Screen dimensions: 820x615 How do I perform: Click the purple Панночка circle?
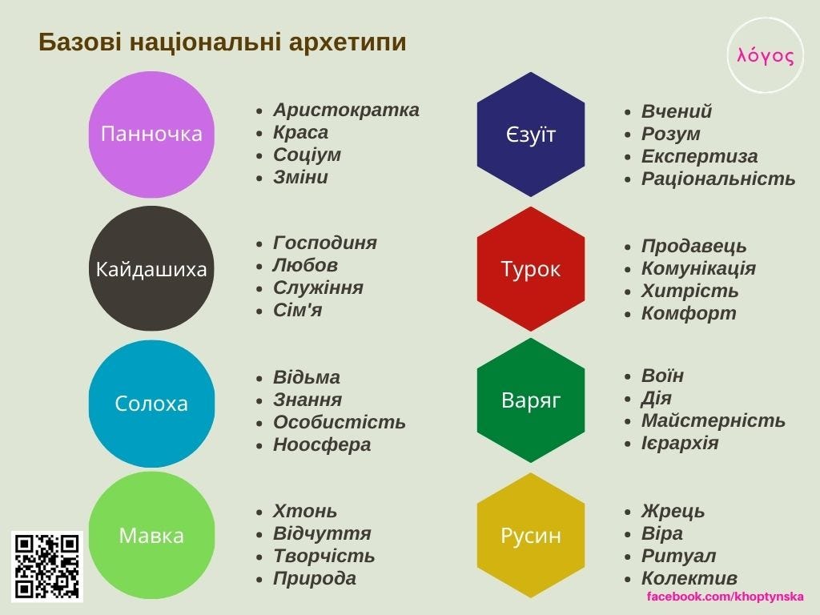[151, 135]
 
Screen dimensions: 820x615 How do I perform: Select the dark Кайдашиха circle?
[151, 268]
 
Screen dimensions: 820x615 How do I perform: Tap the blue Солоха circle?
[151, 404]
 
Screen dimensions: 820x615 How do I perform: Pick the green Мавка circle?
[151, 535]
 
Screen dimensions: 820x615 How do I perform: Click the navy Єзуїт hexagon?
[531, 135]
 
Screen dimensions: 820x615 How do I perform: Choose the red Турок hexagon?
[531, 269]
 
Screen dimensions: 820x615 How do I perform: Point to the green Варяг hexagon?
[531, 400]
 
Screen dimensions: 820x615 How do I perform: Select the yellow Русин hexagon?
[531, 535]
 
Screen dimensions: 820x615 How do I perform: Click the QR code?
[47, 566]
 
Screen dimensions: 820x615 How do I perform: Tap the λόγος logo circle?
[765, 55]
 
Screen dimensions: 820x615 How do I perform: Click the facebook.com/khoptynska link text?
[725, 596]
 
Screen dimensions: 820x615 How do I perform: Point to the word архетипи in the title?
[348, 42]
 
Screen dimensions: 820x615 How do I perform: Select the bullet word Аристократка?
[346, 110]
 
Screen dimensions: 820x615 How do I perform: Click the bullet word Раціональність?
[718, 179]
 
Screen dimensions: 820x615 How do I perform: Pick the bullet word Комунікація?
[698, 269]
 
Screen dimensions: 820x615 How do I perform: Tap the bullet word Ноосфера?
[322, 444]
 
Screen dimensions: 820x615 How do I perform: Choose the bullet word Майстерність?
[713, 420]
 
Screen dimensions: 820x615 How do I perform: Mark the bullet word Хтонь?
[305, 511]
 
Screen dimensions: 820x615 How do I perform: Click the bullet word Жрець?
[673, 511]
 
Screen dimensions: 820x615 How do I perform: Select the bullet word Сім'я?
[297, 310]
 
